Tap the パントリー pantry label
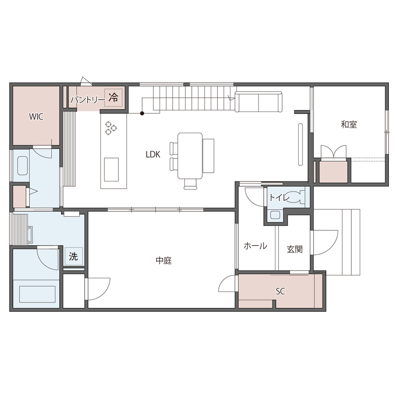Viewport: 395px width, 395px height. coord(87,99)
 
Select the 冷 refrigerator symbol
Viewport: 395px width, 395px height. coord(113,98)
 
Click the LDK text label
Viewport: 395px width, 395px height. coord(153,153)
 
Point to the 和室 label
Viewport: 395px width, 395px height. coord(349,125)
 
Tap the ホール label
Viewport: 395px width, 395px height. coord(255,246)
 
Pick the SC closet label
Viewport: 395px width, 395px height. coord(280,292)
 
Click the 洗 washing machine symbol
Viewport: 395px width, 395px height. coord(73,257)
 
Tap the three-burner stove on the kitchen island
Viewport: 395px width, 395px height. coord(111,128)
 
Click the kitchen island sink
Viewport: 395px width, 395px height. coord(111,169)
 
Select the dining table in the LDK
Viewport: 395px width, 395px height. coord(190,156)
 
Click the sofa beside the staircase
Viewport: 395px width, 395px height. coord(258,102)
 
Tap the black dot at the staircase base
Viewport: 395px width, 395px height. coord(142,113)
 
